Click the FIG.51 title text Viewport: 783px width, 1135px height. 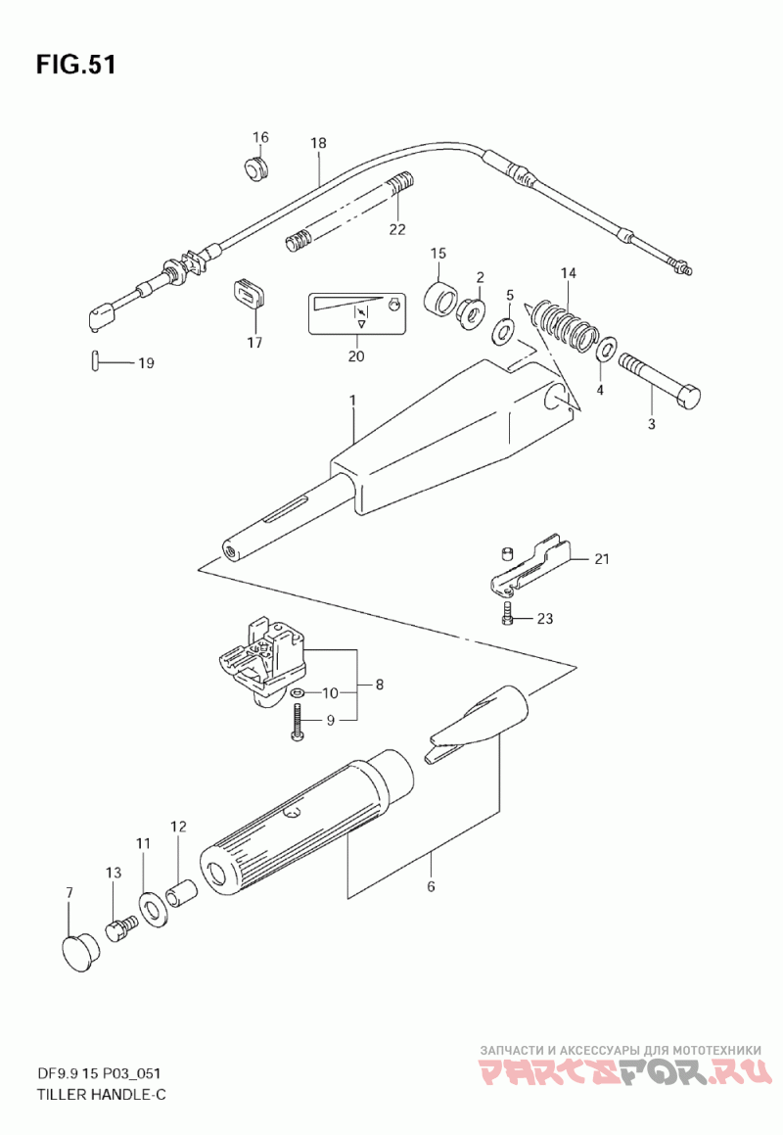pyautogui.click(x=76, y=65)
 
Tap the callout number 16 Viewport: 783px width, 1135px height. pyautogui.click(x=260, y=137)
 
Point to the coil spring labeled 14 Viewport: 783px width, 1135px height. pyautogui.click(x=565, y=324)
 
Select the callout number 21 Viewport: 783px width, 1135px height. pyautogui.click(x=601, y=559)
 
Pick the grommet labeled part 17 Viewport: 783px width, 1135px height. pyautogui.click(x=250, y=294)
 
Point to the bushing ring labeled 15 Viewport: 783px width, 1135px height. pyautogui.click(x=444, y=298)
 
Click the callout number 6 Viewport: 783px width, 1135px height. pyautogui.click(x=431, y=887)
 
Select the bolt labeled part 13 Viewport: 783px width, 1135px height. pyautogui.click(x=122, y=924)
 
